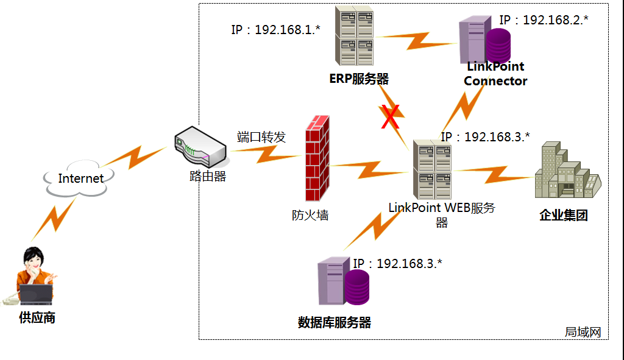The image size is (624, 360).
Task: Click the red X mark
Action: click(x=391, y=117)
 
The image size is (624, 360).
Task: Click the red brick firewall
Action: click(x=316, y=158)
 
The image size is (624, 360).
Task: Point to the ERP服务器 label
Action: click(x=359, y=79)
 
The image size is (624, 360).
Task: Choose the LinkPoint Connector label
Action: click(x=495, y=74)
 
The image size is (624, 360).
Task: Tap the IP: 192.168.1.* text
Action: click(x=276, y=29)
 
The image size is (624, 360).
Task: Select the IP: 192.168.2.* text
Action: click(x=544, y=19)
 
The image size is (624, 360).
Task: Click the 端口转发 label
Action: click(x=261, y=137)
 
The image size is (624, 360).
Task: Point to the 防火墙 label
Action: click(x=310, y=214)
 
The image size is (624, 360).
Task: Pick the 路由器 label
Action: click(x=207, y=177)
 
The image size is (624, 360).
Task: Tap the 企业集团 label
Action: click(x=564, y=215)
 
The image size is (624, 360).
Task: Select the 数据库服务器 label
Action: click(x=335, y=322)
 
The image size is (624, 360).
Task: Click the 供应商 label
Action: click(x=37, y=317)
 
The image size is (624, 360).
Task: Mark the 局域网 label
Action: click(x=583, y=332)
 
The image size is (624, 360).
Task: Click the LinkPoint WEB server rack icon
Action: click(x=432, y=169)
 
